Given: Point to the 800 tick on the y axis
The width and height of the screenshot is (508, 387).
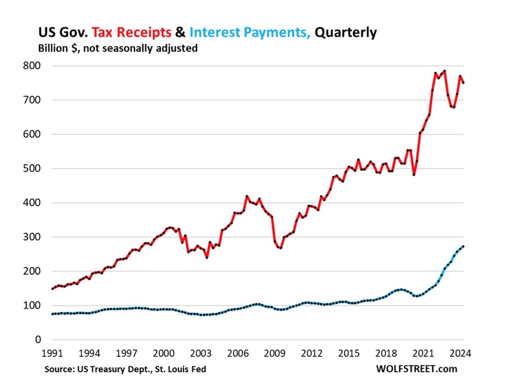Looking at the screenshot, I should [x=32, y=66].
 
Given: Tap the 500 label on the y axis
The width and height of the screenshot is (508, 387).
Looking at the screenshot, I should [x=32, y=168].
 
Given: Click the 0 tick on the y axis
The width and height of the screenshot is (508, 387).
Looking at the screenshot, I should [x=37, y=340].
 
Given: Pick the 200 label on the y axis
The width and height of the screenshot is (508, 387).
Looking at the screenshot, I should [x=32, y=272].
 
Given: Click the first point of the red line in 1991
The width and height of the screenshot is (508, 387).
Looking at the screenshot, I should [x=52, y=289].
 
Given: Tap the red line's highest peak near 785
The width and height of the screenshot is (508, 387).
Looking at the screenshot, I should [x=444, y=71].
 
